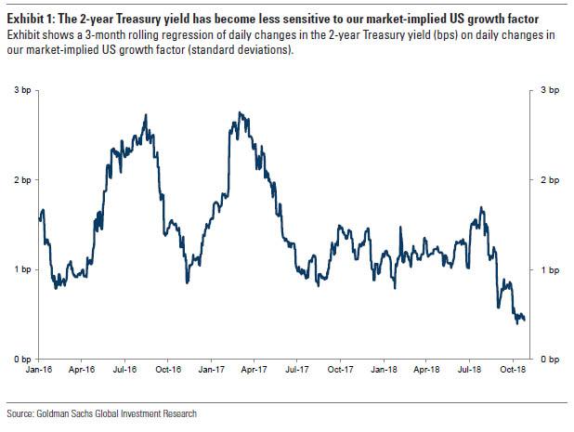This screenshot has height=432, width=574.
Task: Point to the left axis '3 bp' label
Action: [x=20, y=90]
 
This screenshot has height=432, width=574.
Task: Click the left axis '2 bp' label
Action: [x=20, y=179]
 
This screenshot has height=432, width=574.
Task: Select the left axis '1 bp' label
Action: [x=20, y=269]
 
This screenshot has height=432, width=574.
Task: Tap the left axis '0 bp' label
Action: [x=20, y=359]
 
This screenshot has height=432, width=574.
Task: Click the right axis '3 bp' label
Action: [x=550, y=90]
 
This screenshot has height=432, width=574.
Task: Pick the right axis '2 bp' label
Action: [x=550, y=179]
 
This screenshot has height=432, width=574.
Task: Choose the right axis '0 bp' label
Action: [x=550, y=359]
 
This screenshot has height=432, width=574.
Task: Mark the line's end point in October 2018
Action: [x=524, y=320]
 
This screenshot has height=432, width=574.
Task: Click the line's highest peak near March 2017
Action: [x=240, y=113]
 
